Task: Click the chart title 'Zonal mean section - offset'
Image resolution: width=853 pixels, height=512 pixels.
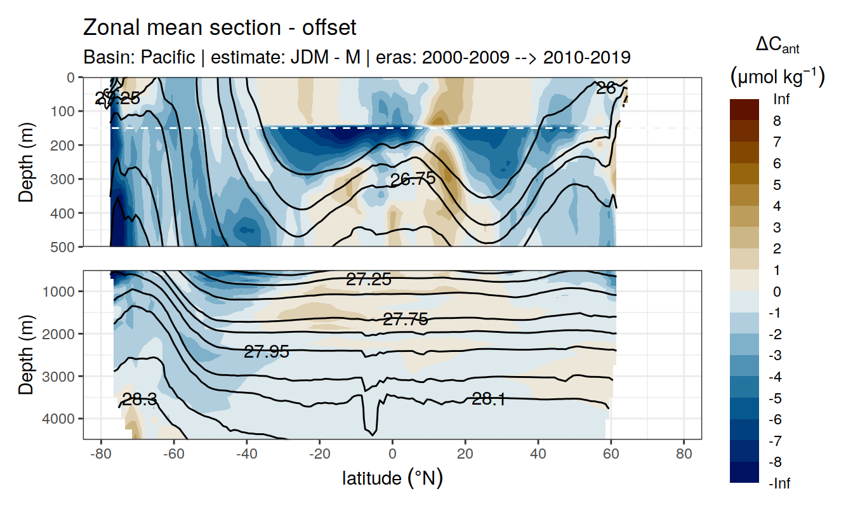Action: click(x=220, y=28)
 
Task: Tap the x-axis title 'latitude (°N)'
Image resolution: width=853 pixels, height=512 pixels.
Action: click(x=392, y=478)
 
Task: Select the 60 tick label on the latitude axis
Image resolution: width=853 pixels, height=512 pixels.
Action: click(x=611, y=455)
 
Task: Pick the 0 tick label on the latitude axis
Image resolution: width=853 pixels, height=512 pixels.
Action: click(x=392, y=455)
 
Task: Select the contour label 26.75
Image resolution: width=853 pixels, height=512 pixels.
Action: click(x=413, y=180)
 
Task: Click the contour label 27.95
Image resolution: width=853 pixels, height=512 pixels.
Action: click(x=267, y=351)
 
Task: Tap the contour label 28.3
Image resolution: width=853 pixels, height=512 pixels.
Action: click(x=140, y=400)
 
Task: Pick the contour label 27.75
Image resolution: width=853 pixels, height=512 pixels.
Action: click(x=405, y=320)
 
